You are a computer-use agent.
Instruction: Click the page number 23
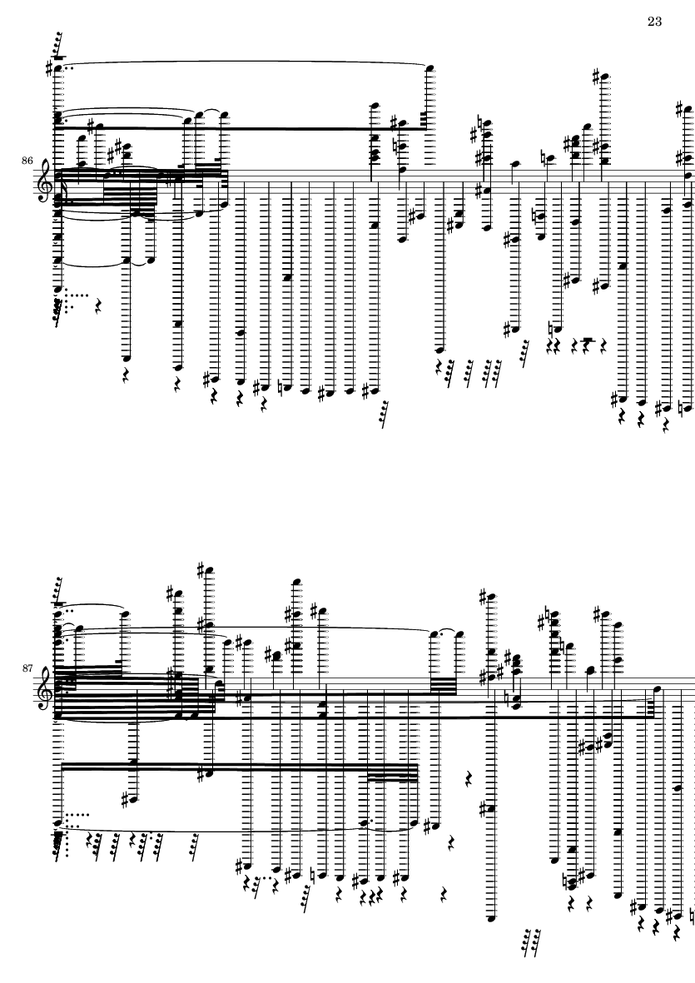[x=654, y=22]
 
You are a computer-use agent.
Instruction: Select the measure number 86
[x=27, y=161]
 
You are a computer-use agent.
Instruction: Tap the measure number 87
[x=27, y=668]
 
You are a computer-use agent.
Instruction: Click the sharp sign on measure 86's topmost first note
[x=50, y=67]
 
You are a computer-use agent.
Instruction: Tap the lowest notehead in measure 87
[x=491, y=919]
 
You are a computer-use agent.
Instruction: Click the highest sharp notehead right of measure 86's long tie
[x=605, y=77]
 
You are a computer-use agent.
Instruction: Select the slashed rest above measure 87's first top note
[x=57, y=589]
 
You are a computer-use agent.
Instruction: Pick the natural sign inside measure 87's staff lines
[x=506, y=698]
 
